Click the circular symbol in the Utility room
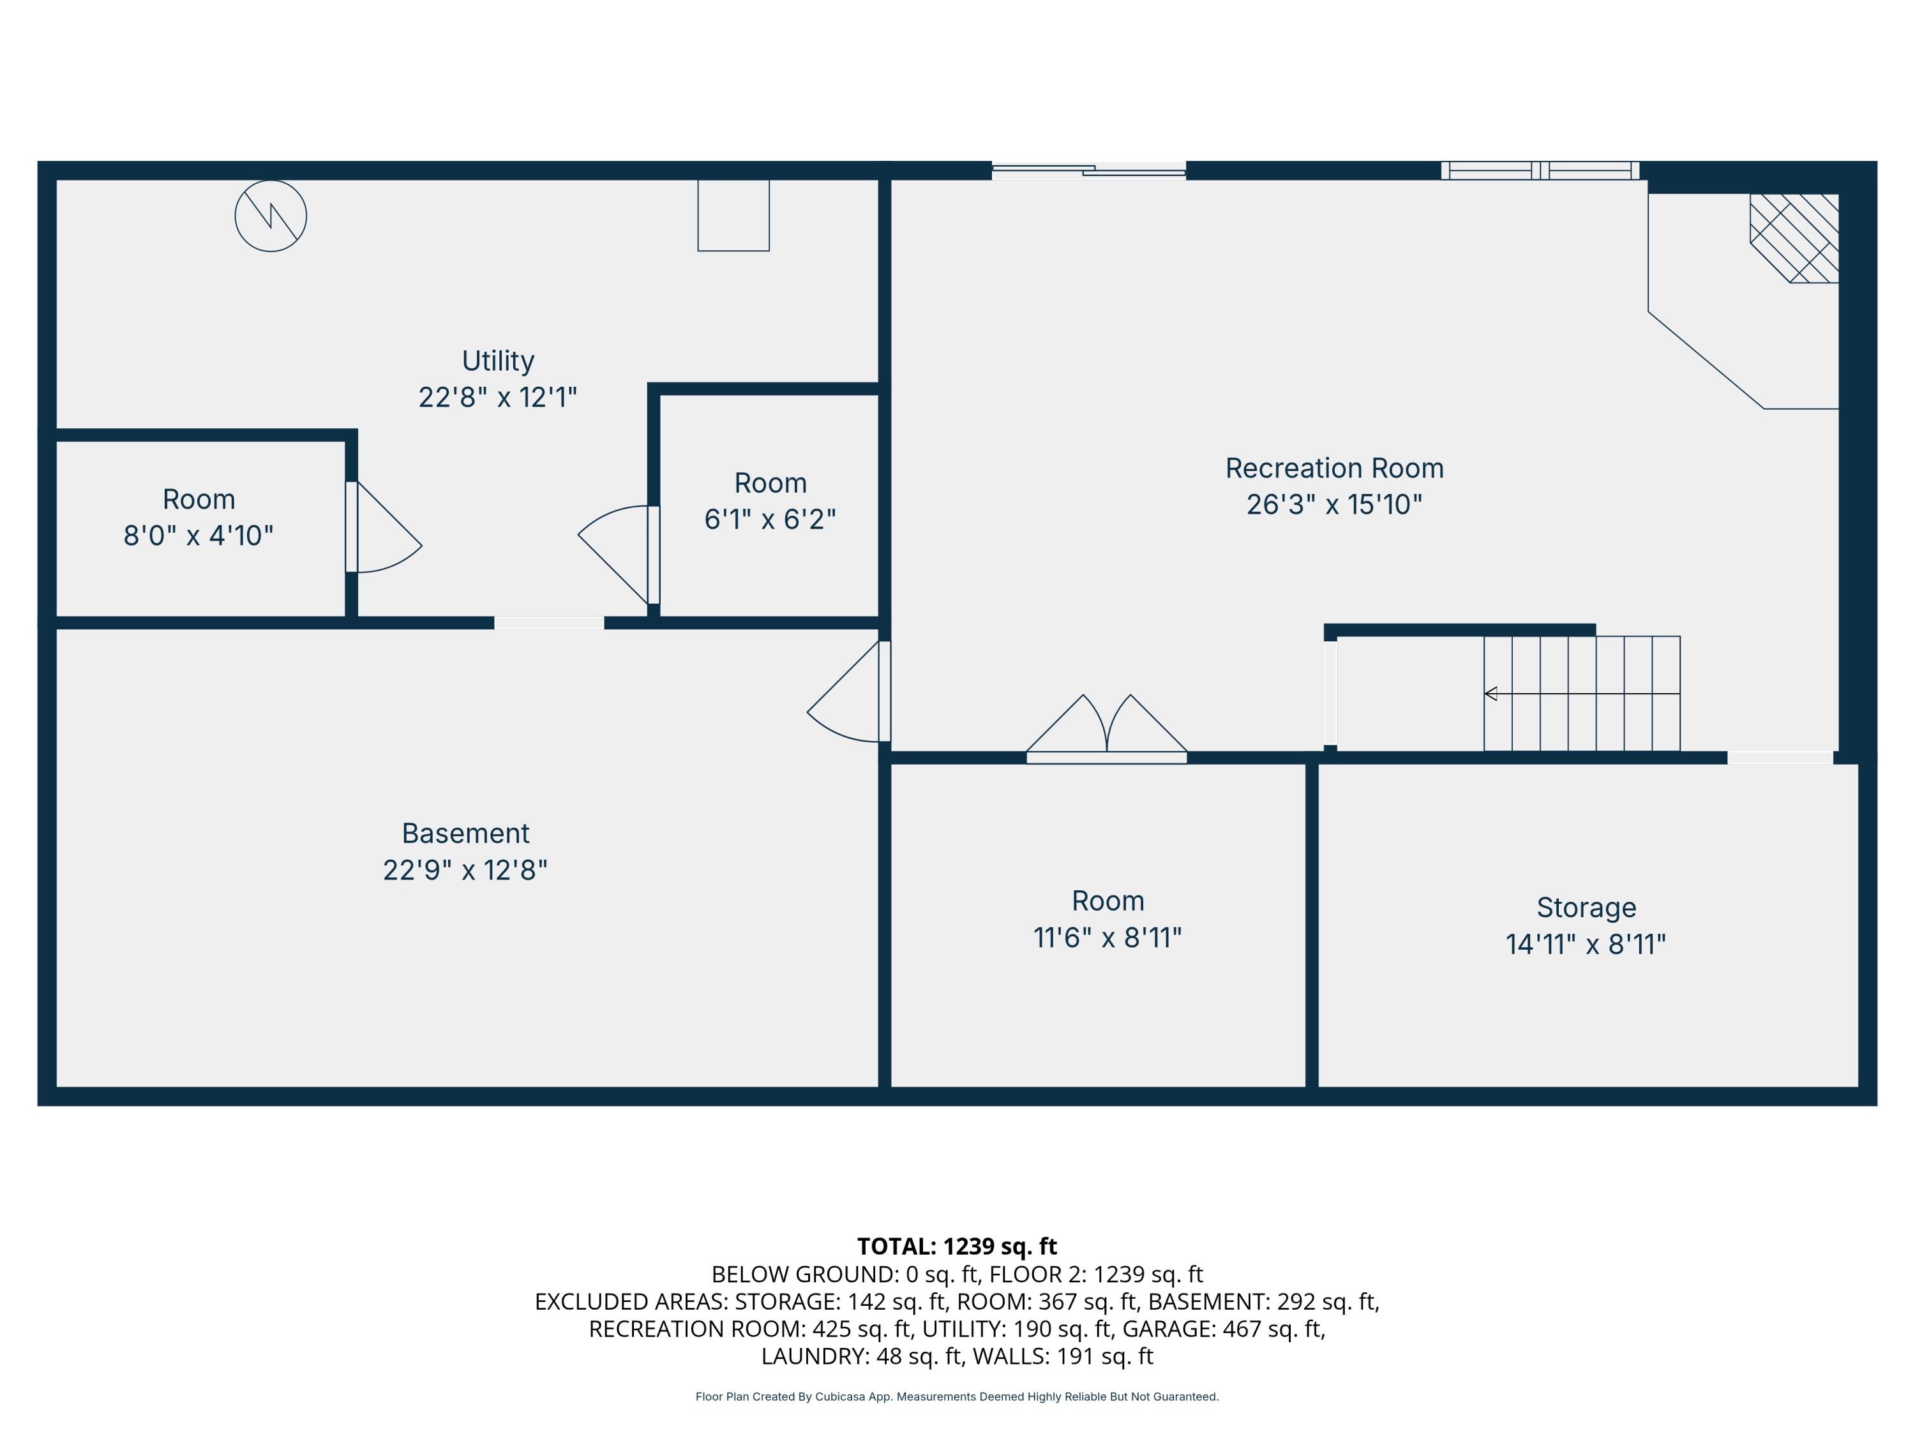point(271,216)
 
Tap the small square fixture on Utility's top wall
point(733,216)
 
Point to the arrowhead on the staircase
point(1491,693)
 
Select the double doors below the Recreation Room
point(1106,731)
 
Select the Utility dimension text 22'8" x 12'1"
point(498,398)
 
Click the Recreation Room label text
point(1334,468)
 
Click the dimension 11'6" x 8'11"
point(1108,938)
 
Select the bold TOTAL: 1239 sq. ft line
point(957,1246)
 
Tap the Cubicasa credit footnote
point(957,1396)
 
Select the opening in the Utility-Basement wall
point(549,622)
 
